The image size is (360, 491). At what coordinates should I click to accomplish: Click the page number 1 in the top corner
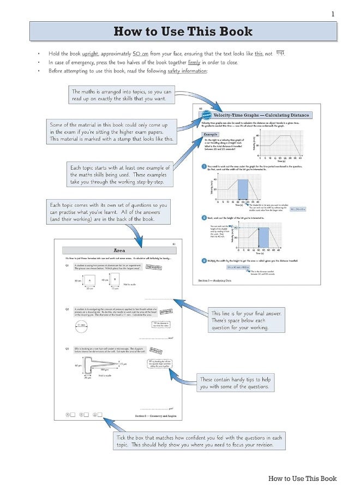tap(333, 14)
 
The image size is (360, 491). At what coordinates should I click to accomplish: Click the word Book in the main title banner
tap(236, 32)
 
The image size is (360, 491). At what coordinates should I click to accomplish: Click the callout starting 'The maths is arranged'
tap(122, 95)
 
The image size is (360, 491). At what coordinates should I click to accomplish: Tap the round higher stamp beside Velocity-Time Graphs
tap(206, 115)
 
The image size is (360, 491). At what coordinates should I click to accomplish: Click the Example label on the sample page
tap(210, 134)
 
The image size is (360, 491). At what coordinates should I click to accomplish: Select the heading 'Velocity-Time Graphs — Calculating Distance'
tap(261, 115)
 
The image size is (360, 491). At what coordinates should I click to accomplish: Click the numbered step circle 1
tap(203, 166)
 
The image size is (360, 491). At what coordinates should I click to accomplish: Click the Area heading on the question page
tap(119, 250)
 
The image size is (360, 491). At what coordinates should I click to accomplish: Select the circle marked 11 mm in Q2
tap(82, 325)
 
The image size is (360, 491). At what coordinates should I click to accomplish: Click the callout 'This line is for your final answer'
tap(247, 320)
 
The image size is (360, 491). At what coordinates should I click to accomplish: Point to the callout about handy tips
tap(235, 383)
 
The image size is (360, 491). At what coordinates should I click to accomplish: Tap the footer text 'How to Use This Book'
tap(302, 478)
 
